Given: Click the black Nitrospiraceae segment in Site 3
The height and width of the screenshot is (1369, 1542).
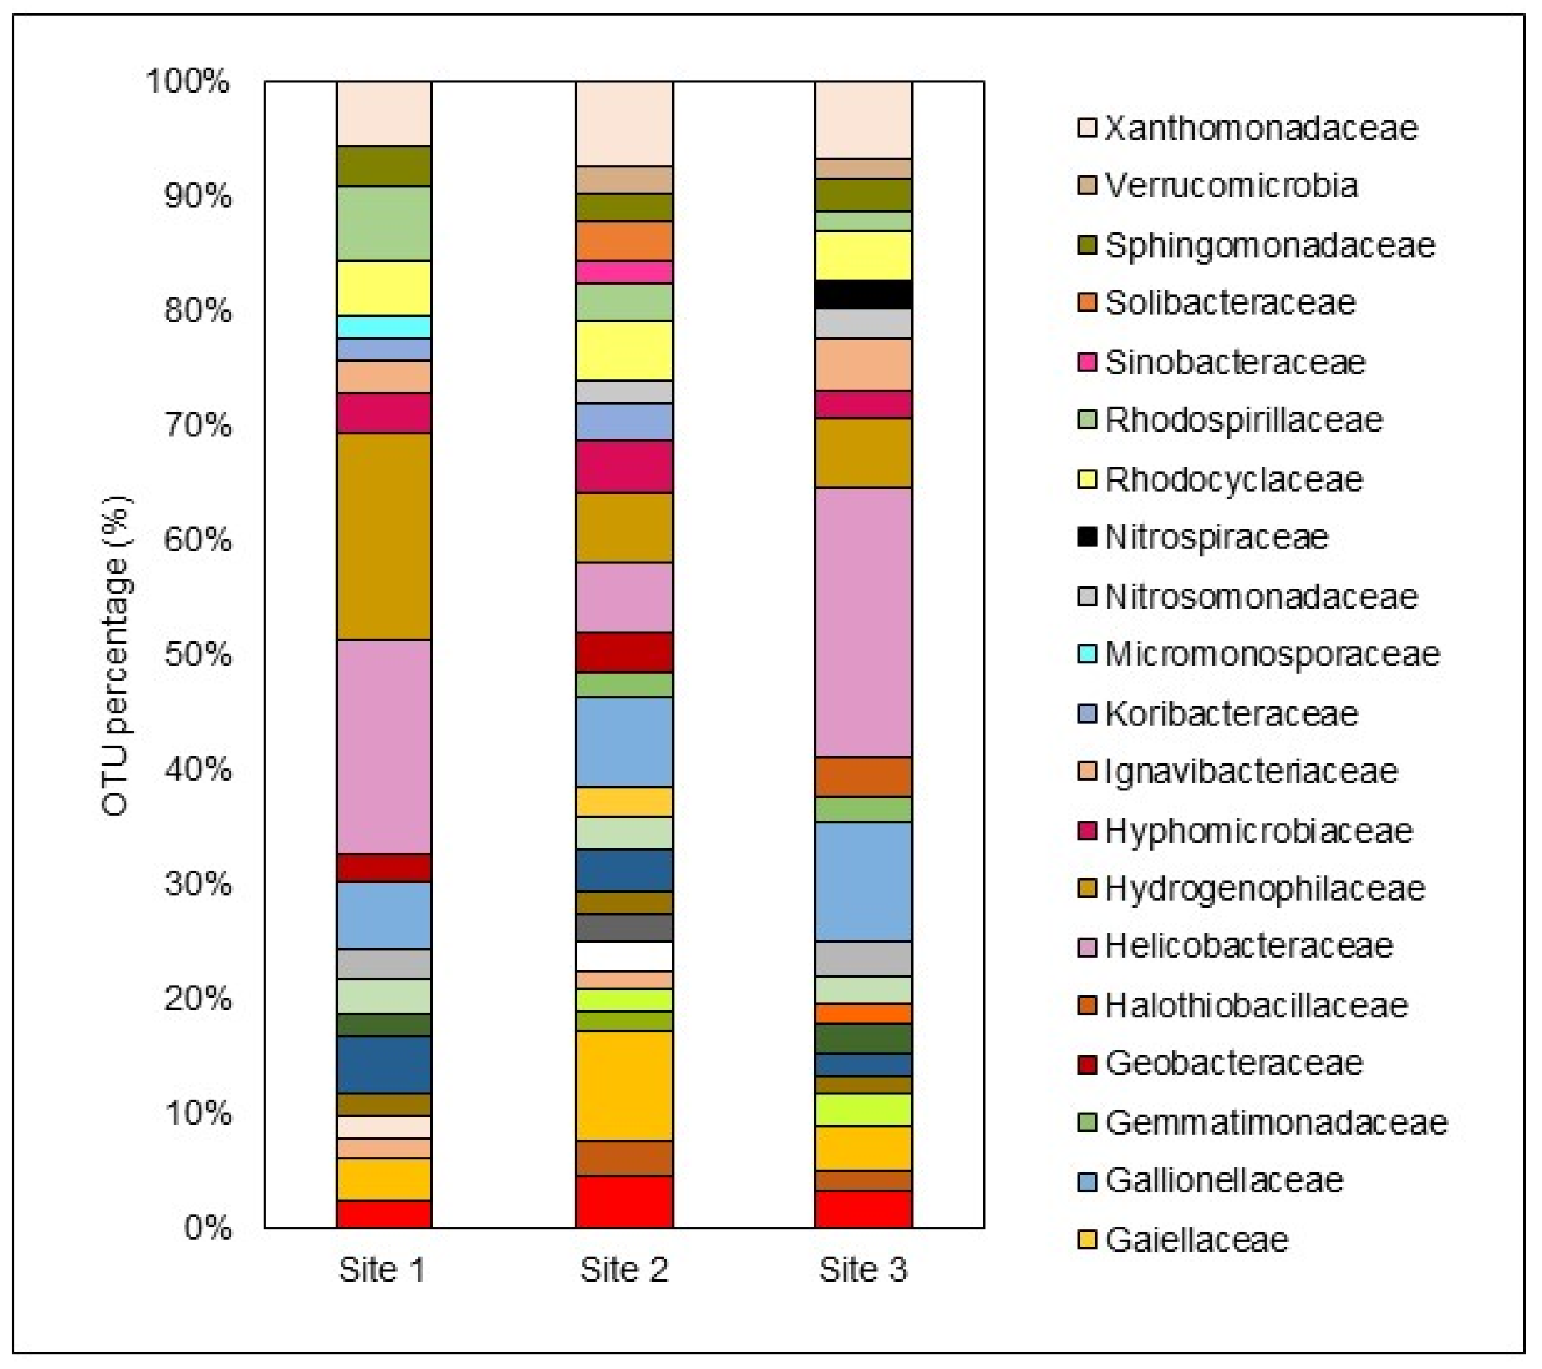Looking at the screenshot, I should click(x=863, y=294).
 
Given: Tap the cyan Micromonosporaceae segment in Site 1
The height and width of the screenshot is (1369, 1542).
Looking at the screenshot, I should click(x=384, y=326).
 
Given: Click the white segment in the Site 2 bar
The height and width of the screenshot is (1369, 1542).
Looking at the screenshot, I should click(x=624, y=955).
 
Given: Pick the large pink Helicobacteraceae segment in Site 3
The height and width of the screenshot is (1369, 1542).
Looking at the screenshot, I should click(x=863, y=622).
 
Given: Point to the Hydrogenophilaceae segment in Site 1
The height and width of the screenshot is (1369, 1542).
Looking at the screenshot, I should click(x=384, y=536).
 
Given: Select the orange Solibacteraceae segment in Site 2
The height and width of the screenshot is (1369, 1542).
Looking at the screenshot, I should click(x=624, y=241).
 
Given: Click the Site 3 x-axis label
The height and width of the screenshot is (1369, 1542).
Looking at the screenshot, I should click(x=863, y=1270).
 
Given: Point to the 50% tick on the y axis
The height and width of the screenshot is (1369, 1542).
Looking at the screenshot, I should click(x=197, y=654).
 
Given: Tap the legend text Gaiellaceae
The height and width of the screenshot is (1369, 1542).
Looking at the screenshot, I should click(x=1197, y=1240).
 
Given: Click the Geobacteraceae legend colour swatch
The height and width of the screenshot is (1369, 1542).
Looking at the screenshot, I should click(x=1087, y=1063).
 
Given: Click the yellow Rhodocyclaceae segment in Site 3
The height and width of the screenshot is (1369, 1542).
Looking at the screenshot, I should click(x=863, y=255).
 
